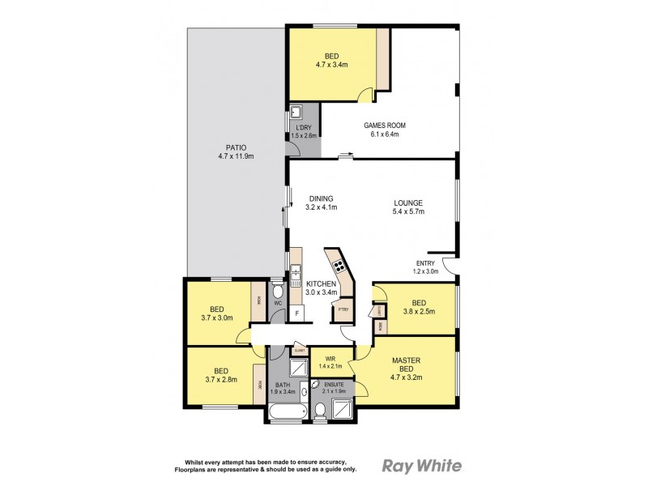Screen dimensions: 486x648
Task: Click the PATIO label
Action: click(x=236, y=147)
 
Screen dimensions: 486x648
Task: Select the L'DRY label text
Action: click(x=304, y=128)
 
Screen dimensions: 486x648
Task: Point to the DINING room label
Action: click(x=321, y=198)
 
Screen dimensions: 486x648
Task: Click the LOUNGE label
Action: click(x=407, y=203)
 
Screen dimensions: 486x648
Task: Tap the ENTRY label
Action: click(x=426, y=262)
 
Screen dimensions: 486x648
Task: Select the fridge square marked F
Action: click(x=297, y=312)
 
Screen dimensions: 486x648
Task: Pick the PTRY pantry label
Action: click(x=343, y=309)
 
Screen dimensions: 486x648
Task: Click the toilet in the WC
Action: click(x=277, y=292)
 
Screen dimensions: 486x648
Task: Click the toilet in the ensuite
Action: click(x=321, y=412)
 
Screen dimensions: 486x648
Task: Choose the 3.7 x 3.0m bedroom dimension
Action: click(x=217, y=318)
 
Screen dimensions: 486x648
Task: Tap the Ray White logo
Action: click(x=421, y=466)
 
